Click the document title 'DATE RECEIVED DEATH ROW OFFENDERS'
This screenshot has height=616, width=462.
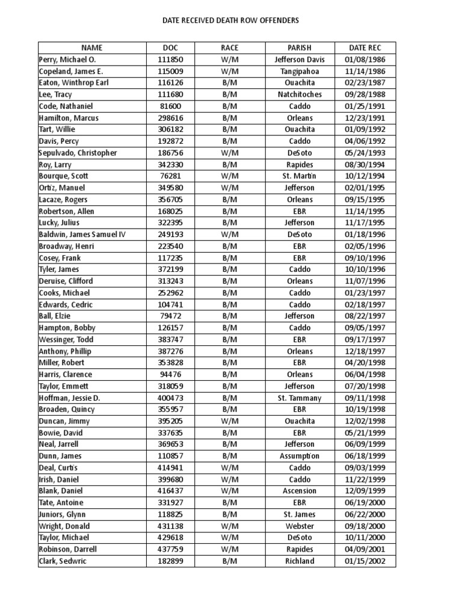(231, 20)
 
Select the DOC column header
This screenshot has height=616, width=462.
(170, 48)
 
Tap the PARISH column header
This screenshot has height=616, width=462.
(300, 48)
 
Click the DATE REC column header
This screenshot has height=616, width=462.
(365, 48)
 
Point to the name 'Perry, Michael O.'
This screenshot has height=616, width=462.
(67, 60)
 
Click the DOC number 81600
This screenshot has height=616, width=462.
(170, 106)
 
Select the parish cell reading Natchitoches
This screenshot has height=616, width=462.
(300, 94)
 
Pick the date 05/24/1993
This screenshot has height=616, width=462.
(365, 153)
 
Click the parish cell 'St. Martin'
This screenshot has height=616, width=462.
(300, 176)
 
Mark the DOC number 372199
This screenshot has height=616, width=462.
(170, 269)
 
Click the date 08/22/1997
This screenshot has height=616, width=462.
(365, 316)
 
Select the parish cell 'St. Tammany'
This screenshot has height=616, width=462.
(300, 398)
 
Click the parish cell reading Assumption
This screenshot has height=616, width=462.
(300, 456)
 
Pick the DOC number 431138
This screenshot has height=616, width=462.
(170, 526)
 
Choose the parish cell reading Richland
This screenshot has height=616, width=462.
(300, 561)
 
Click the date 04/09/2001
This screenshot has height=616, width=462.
(365, 549)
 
